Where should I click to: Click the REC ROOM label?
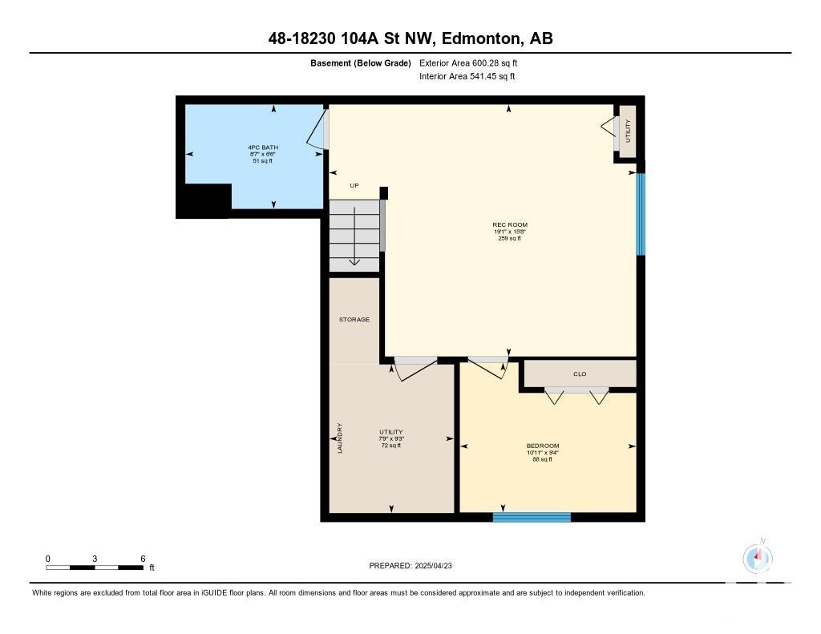click(509, 224)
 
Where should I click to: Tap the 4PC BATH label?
click(263, 147)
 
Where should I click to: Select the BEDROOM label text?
click(543, 446)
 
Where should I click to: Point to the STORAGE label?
click(354, 319)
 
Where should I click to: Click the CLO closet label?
click(580, 374)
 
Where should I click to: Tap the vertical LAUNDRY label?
click(339, 438)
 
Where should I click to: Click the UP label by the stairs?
click(354, 185)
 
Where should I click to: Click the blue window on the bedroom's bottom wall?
click(532, 517)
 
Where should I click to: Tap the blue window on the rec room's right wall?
click(641, 214)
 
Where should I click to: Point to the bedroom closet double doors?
click(576, 395)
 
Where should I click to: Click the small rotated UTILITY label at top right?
click(628, 131)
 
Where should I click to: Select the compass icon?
click(758, 558)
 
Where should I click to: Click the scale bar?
click(95, 567)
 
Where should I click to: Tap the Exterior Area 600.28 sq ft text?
click(468, 63)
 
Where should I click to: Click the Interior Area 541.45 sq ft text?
click(467, 76)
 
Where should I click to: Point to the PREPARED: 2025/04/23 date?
click(410, 565)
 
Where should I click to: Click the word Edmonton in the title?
click(481, 38)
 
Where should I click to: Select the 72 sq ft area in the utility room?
click(391, 446)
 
